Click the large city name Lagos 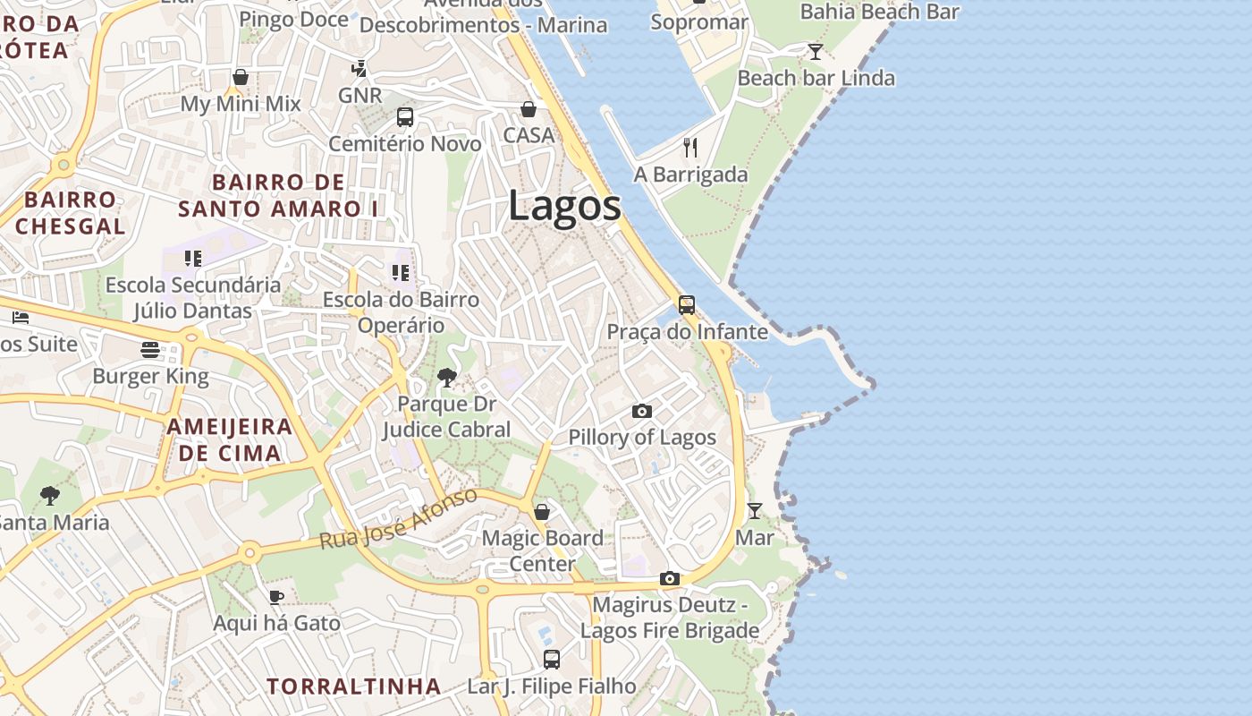point(564,207)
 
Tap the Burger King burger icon point(149,349)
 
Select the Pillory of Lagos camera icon point(641,411)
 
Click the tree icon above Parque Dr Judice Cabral point(447,378)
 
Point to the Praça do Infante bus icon point(686,305)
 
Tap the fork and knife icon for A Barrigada point(689,148)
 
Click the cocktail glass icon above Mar point(755,511)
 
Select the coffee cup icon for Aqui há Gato point(276,597)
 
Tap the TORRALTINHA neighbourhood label point(354,686)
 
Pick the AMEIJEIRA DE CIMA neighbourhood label point(230,439)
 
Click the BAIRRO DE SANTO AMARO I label point(278,196)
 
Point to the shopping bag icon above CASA point(529,109)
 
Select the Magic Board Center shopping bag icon point(542,512)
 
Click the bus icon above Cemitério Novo point(404,117)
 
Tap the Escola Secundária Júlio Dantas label point(192,298)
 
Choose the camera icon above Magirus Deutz point(670,579)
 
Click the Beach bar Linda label point(816,78)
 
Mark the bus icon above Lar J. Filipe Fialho point(552,660)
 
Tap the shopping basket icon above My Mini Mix point(240,78)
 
